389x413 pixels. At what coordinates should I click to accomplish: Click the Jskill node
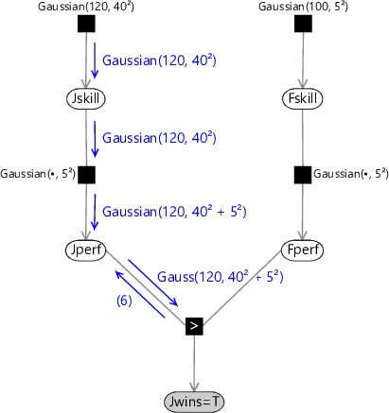coord(86,98)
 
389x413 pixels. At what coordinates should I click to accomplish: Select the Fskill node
coord(303,98)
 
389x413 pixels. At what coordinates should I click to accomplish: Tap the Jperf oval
coord(86,250)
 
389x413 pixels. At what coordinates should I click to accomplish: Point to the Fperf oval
coord(303,250)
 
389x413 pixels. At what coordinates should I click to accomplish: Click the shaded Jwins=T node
coord(194,402)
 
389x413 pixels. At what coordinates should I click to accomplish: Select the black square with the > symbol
coord(194,326)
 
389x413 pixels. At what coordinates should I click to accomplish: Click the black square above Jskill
coord(86,24)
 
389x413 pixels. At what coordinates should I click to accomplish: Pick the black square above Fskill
coord(303,24)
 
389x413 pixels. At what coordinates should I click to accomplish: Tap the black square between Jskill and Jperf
coord(86,175)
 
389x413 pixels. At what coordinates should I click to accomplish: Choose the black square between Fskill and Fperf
coord(303,175)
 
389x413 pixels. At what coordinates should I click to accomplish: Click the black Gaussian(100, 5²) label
coord(303,7)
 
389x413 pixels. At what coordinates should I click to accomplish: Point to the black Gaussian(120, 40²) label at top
coord(86,7)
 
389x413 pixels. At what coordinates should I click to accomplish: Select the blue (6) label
coord(124,301)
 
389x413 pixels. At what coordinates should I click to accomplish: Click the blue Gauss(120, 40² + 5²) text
coord(221,277)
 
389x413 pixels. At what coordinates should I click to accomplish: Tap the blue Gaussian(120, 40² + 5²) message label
coord(174,212)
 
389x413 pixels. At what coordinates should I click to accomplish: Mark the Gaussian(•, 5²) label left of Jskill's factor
coord(38,174)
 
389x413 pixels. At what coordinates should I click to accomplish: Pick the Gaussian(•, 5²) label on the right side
coord(351,174)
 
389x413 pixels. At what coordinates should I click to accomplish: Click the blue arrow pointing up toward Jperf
coord(140,294)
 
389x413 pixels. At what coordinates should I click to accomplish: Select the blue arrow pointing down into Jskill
coord(95,60)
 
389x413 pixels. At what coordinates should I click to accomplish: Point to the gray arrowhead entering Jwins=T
coord(194,387)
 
